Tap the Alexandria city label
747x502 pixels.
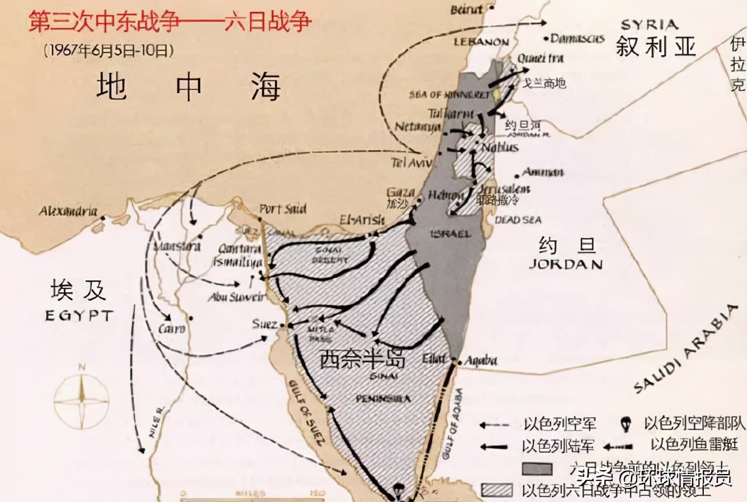(68, 211)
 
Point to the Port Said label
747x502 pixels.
(283, 208)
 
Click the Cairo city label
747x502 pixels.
(172, 329)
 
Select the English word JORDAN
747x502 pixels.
(566, 264)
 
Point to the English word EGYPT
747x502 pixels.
(79, 316)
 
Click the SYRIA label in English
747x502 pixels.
(650, 25)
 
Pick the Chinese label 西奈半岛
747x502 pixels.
(362, 359)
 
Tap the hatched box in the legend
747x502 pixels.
(496, 489)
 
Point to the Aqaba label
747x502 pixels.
(480, 361)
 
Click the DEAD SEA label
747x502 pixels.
(518, 220)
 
